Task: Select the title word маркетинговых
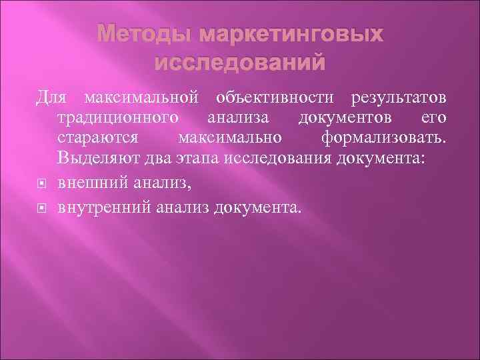click(287, 33)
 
